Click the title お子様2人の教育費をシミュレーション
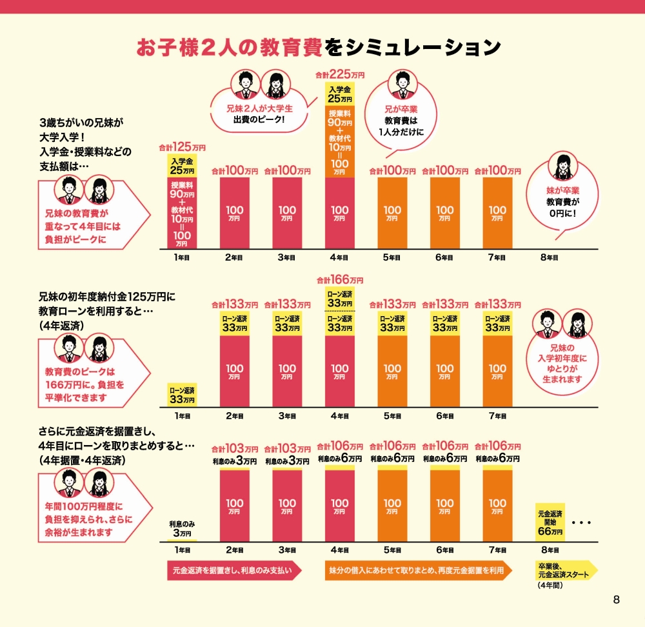point(319,47)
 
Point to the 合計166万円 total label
point(339,281)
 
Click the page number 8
point(616,600)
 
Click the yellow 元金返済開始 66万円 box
point(550,523)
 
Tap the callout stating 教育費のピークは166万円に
point(84,384)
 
